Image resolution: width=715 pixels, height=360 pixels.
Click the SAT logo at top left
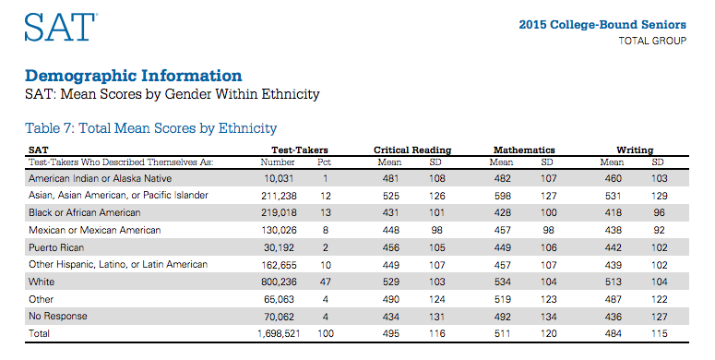[x=60, y=27]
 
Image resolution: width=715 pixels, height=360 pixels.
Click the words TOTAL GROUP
[x=651, y=42]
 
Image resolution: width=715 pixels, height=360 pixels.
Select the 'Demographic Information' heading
[x=134, y=76]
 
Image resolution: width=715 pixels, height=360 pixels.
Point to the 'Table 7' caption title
[x=151, y=128]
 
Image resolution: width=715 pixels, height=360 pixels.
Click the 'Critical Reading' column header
[x=411, y=150]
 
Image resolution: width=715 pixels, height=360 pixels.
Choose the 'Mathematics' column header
[x=523, y=150]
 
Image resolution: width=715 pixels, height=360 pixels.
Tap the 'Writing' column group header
[x=635, y=150]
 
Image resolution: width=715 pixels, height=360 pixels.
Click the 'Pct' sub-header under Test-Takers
[x=324, y=162]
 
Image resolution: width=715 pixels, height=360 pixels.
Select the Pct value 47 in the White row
[x=324, y=282]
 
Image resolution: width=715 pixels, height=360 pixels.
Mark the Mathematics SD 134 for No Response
[x=547, y=316]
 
